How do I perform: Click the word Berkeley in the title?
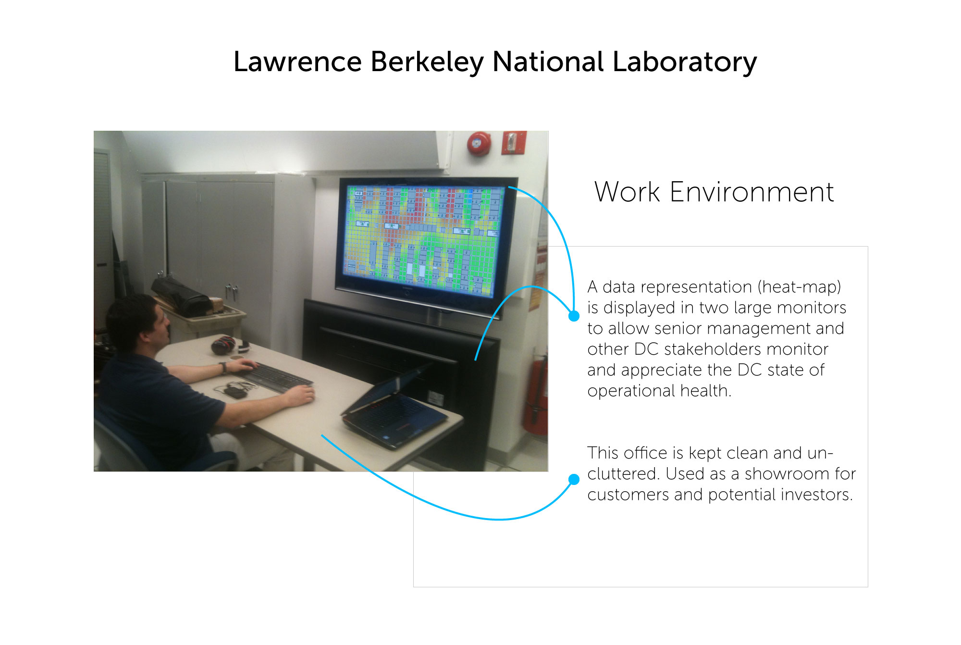(427, 63)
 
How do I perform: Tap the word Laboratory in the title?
(684, 63)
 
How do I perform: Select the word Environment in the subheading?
(752, 192)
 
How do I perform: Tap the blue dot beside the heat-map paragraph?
(574, 316)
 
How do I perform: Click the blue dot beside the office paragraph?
(574, 479)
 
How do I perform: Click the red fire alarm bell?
(479, 144)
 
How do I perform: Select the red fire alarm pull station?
(513, 143)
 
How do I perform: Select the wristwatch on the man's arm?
(223, 368)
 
